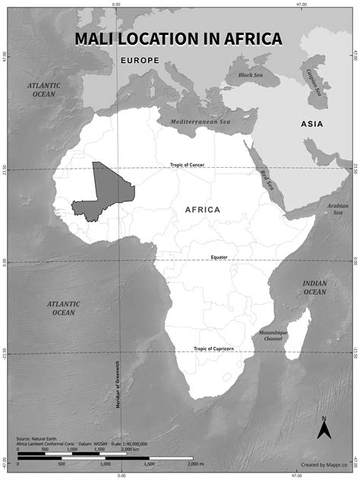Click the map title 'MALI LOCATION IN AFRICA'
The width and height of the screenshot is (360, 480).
[x=178, y=39]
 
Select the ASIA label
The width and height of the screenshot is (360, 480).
[x=311, y=123]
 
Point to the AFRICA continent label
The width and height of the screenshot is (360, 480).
[x=203, y=209]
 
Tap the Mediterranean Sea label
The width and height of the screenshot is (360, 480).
[x=201, y=121]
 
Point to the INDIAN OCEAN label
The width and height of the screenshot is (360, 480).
[x=314, y=287]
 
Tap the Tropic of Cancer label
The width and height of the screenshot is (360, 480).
[x=187, y=165]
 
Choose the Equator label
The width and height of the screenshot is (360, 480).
[x=219, y=257]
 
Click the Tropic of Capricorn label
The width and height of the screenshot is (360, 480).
[x=213, y=349]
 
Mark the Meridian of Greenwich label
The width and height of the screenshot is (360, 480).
[x=118, y=384]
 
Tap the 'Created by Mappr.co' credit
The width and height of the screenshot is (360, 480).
[x=319, y=463]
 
